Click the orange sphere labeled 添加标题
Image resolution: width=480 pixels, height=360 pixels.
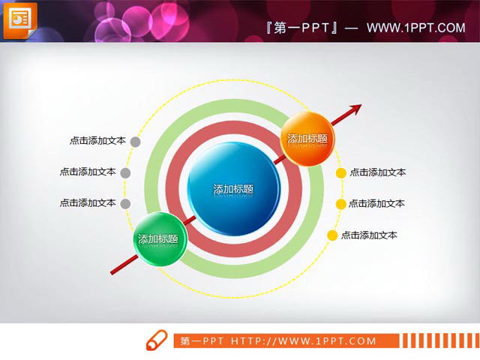[x=307, y=139]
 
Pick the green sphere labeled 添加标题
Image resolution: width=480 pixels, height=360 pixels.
[x=158, y=239]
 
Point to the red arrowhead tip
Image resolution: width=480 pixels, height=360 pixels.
[x=359, y=106]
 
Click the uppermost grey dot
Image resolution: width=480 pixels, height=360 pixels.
[x=135, y=140]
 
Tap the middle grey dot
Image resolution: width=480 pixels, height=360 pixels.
[x=125, y=172]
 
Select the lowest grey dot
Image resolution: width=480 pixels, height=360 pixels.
[x=125, y=203]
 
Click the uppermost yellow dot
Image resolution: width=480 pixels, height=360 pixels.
[x=340, y=172]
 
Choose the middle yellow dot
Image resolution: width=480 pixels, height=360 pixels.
[x=340, y=204]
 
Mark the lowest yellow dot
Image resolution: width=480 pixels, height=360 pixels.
[x=331, y=235]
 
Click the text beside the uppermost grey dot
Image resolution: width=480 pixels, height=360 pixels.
[x=97, y=140]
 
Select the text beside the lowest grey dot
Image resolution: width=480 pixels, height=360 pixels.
[x=88, y=203]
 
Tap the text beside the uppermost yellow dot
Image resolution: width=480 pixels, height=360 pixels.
[x=378, y=172]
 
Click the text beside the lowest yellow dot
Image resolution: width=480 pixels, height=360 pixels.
[x=369, y=235]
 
